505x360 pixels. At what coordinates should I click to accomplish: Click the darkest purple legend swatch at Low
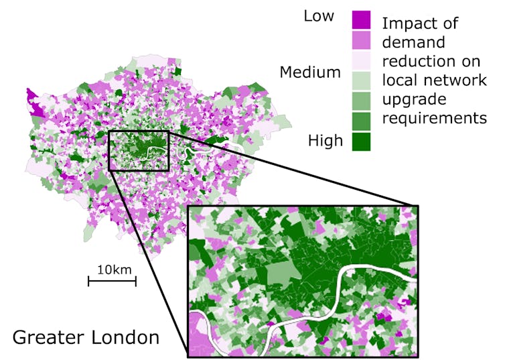pos(361,19)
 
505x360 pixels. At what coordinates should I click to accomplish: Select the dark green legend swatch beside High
pos(361,141)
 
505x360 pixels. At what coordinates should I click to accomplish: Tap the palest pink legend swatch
pos(361,60)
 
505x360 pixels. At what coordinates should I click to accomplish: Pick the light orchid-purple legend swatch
pos(361,40)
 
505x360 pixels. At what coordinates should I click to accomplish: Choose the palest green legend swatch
pos(361,80)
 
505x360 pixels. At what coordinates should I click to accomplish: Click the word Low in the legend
pos(319,16)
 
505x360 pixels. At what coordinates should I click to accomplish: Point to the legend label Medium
pos(310,72)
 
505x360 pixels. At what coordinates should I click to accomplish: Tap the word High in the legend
pos(325,141)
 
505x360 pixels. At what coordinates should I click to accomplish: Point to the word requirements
pos(433,119)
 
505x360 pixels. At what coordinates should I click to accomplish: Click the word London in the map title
pos(127,336)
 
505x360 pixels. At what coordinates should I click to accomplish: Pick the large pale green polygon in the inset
pos(285,274)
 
